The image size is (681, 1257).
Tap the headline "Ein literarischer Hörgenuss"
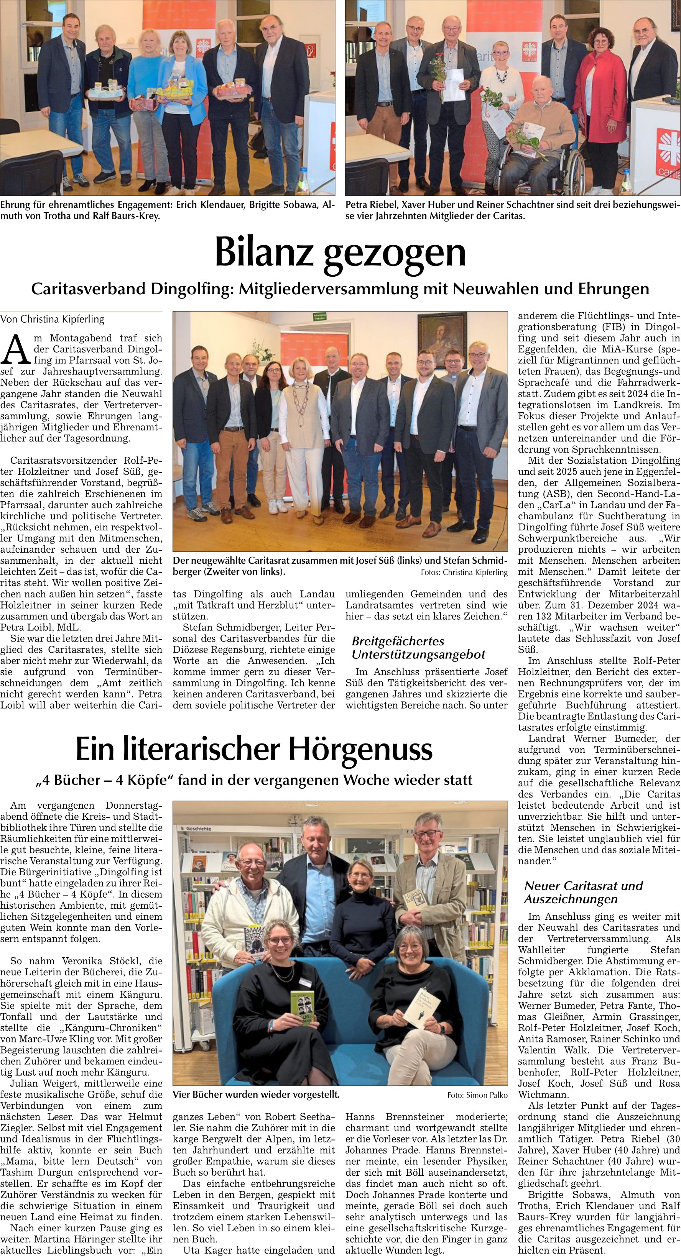[254, 749]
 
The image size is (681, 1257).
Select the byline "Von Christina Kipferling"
[52, 320]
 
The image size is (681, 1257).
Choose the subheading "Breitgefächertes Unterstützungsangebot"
[418, 648]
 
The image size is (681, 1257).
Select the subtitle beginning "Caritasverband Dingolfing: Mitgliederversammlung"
[340, 289]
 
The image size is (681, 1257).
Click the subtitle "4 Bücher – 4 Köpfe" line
[254, 780]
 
